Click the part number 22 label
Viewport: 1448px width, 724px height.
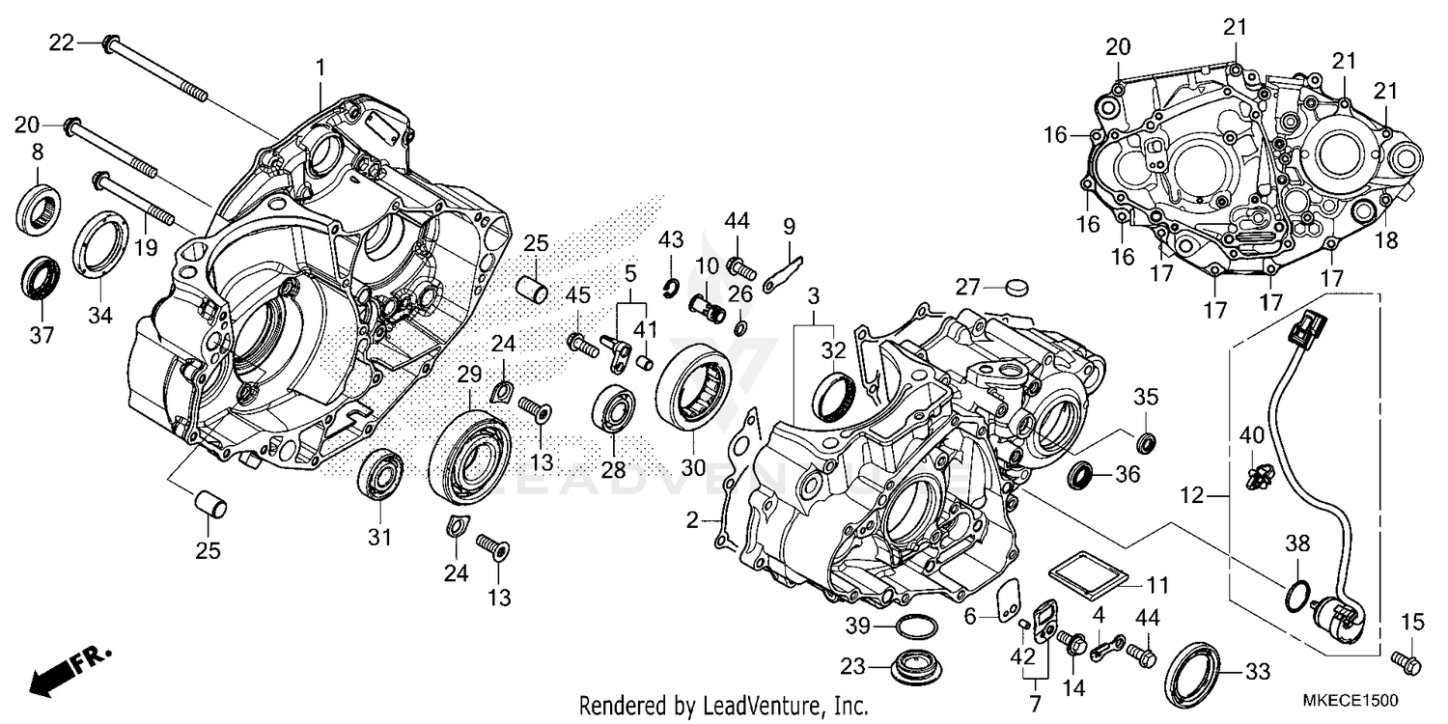tap(61, 42)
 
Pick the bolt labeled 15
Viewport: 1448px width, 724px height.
tap(1405, 662)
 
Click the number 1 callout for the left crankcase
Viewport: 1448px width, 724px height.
tap(320, 68)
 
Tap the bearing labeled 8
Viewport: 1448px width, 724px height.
tap(40, 208)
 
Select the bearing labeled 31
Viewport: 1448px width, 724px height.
tap(380, 475)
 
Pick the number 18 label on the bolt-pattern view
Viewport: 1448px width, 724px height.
tap(1386, 241)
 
